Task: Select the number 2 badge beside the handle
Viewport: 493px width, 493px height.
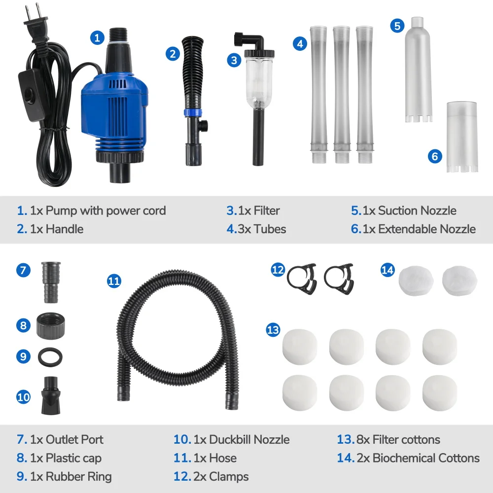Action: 172,53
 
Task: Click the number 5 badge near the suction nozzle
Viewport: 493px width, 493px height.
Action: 397,26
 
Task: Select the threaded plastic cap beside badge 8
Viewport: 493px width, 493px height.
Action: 50,326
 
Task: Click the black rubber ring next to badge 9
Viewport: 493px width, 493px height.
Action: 49,356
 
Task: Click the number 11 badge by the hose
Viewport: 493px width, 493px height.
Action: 114,281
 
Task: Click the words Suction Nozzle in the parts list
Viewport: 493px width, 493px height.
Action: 417,211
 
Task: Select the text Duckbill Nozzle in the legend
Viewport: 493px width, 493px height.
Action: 248,439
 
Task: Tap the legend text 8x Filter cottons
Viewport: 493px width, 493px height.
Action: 406,439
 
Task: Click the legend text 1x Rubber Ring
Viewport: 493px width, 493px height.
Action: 70,477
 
